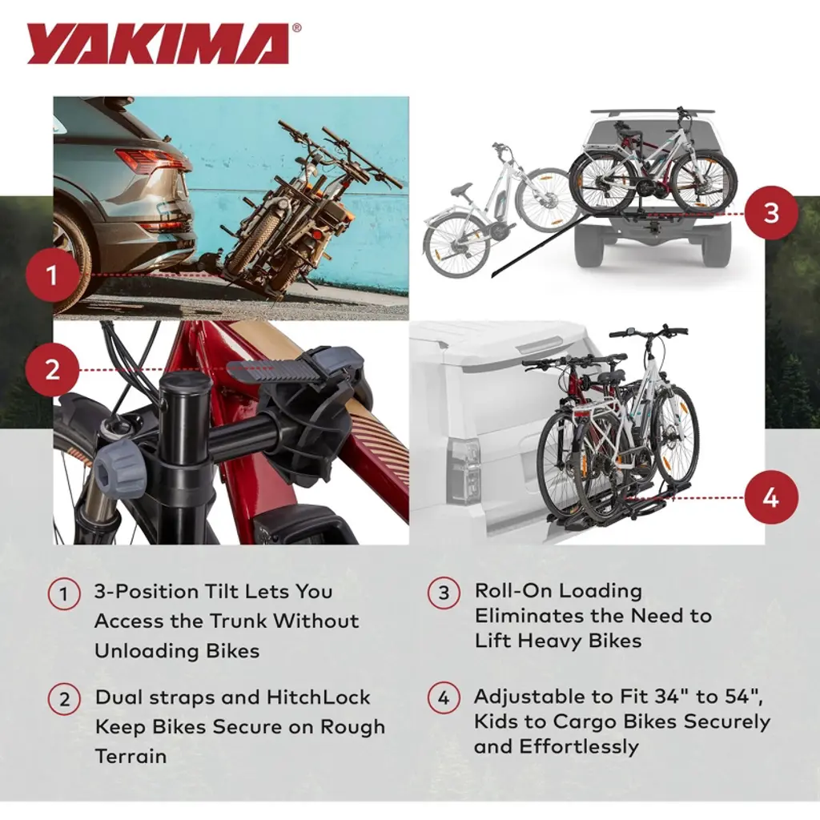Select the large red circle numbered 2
[x=51, y=370]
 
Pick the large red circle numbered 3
[x=771, y=213]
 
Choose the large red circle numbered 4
[x=771, y=497]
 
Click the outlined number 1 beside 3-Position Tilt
[x=64, y=595]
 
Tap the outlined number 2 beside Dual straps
[x=64, y=699]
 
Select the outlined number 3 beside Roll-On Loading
[x=444, y=593]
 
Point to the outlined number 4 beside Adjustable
[x=444, y=698]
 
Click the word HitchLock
[x=318, y=697]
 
